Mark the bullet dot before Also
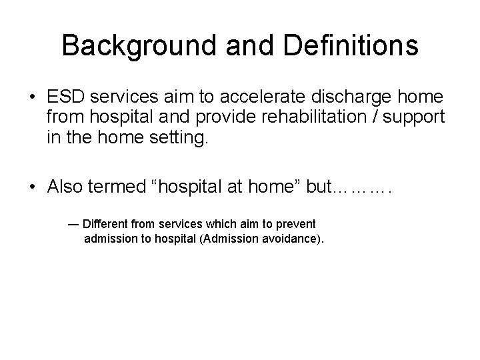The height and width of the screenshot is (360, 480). tap(33, 188)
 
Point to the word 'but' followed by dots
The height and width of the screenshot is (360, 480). tap(319, 187)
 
